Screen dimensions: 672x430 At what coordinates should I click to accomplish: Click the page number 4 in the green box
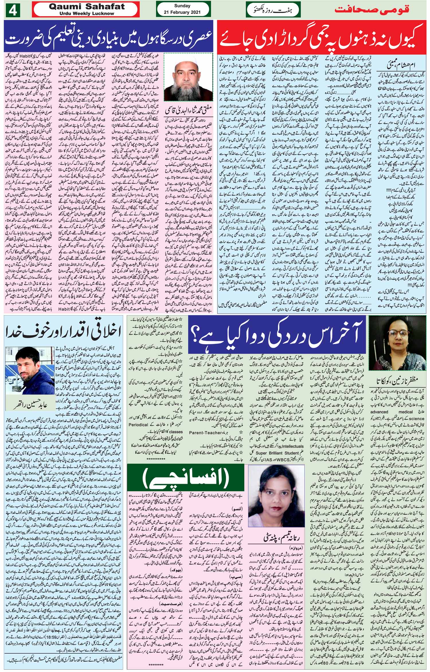click(12, 9)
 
